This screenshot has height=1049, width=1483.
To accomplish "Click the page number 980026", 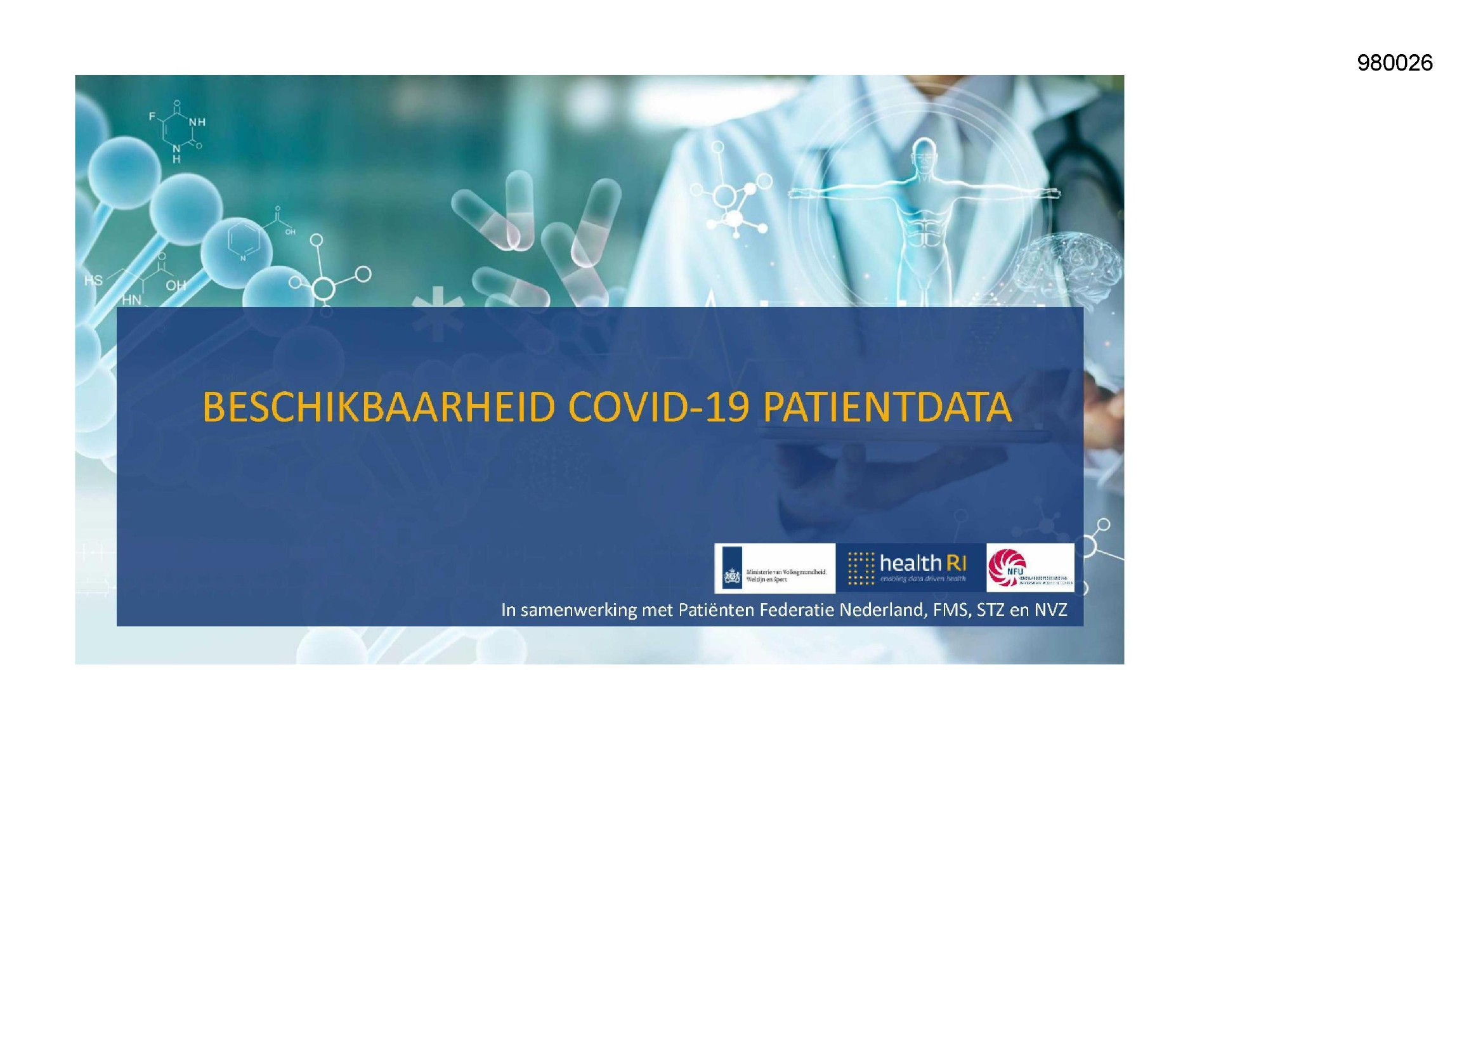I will [1394, 63].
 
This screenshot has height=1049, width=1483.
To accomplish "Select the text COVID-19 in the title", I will [658, 407].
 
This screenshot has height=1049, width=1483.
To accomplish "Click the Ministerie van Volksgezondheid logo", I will [774, 568].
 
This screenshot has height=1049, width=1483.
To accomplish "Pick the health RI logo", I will [910, 568].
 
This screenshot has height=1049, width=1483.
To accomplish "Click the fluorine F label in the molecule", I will [152, 117].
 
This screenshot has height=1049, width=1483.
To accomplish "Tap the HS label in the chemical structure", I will [93, 280].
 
